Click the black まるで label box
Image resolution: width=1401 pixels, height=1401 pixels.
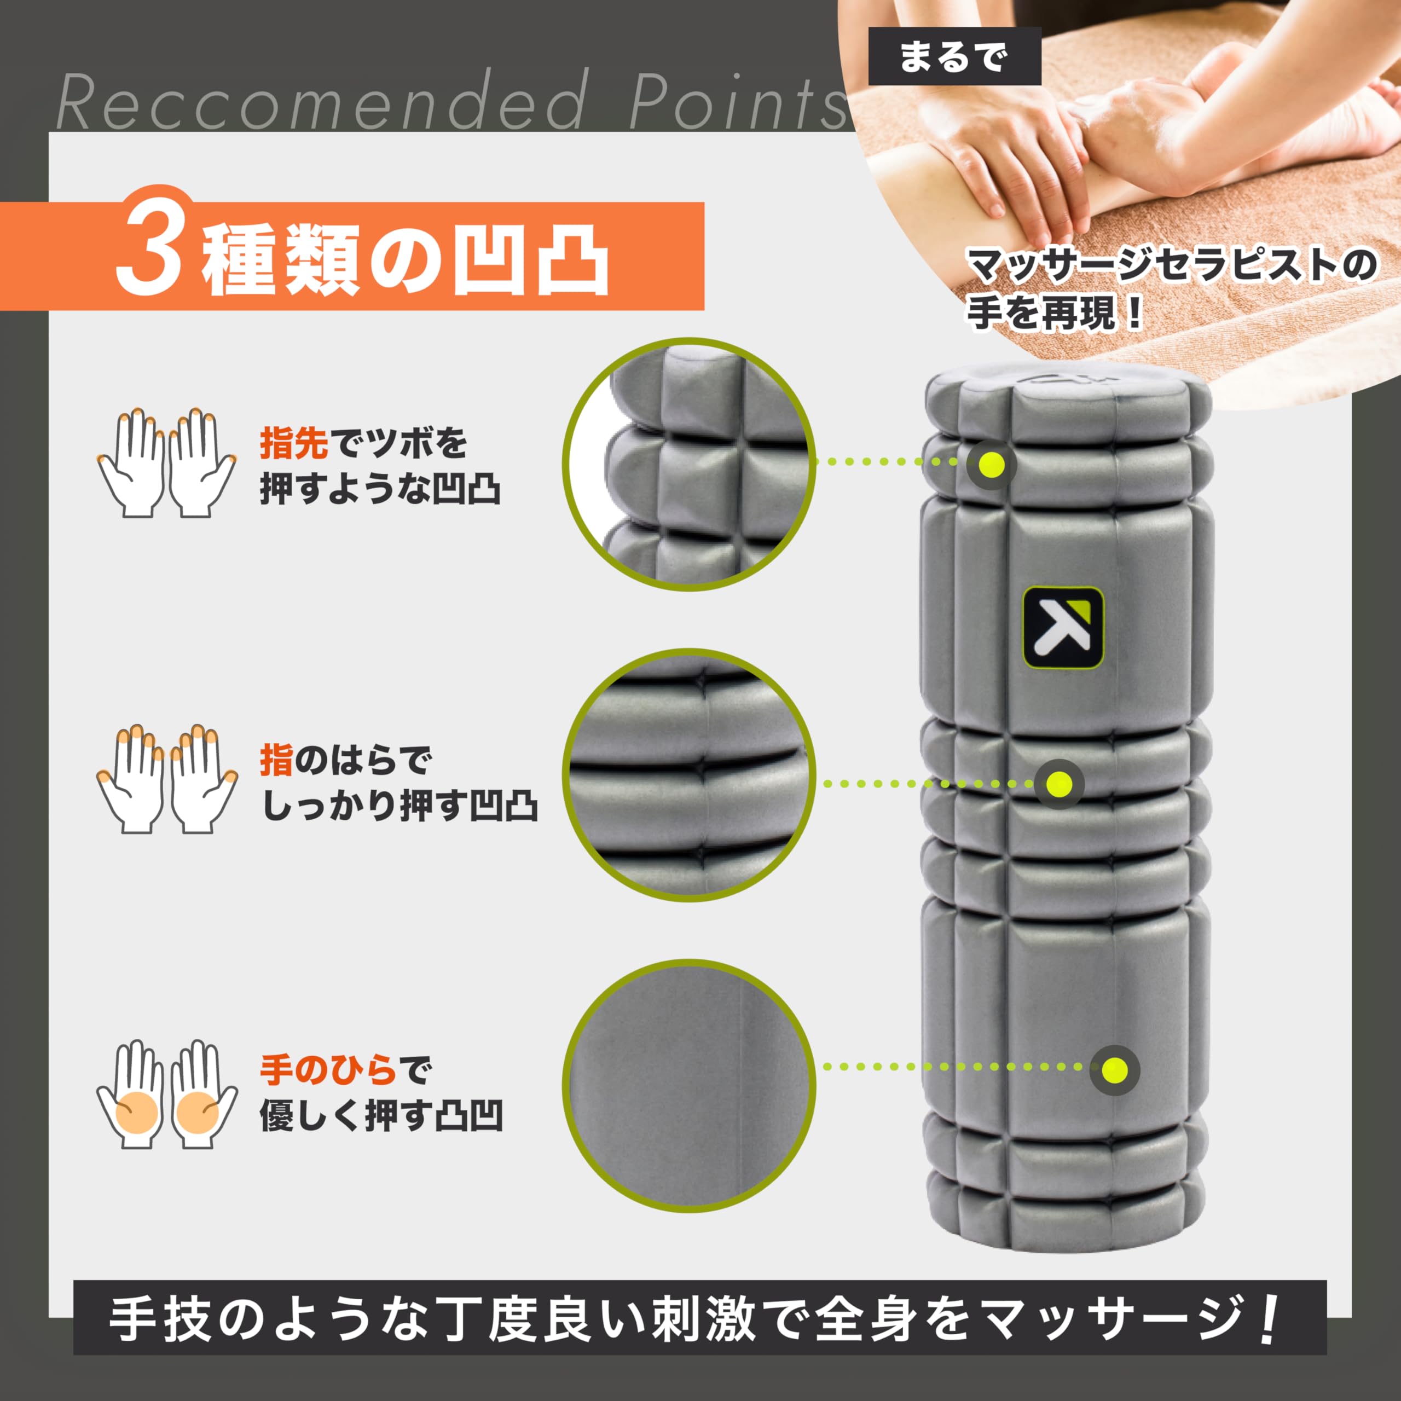(x=954, y=56)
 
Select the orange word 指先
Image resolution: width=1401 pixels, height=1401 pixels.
(x=294, y=443)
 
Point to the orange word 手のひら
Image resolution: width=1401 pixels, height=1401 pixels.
(x=328, y=1070)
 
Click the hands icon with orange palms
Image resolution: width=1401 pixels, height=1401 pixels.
(x=167, y=1095)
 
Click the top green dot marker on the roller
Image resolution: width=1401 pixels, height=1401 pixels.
(x=991, y=464)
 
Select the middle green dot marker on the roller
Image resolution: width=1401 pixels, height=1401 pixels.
(x=1059, y=784)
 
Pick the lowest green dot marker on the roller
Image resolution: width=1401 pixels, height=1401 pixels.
(x=1115, y=1069)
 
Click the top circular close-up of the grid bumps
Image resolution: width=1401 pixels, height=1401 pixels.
(x=690, y=464)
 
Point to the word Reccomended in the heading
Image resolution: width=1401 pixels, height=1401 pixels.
(x=322, y=102)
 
